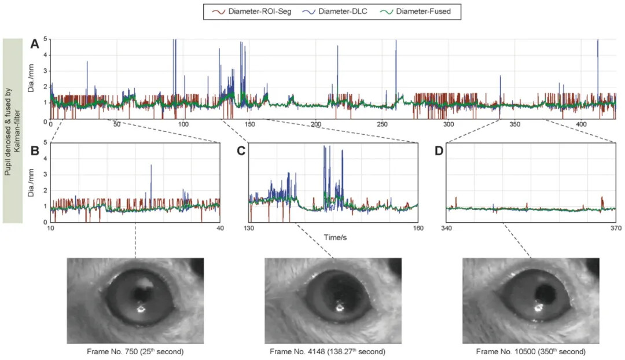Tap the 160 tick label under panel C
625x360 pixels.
coord(417,228)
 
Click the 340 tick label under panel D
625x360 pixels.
coord(447,228)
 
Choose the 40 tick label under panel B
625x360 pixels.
coord(220,228)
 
